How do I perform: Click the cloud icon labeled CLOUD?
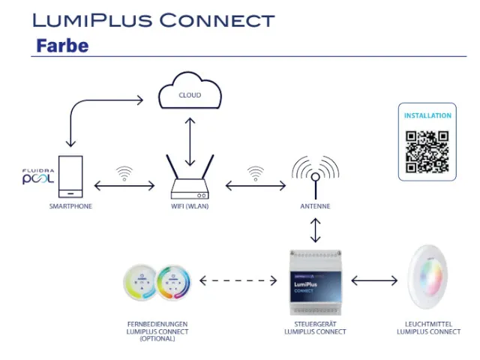click(190, 94)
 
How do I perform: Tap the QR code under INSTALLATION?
click(427, 152)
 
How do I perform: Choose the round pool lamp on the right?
click(429, 282)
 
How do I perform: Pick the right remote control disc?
click(173, 283)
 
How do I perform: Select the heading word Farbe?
click(62, 46)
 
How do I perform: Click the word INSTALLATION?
click(427, 116)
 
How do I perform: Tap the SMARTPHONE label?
click(70, 205)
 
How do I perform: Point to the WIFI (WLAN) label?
click(190, 205)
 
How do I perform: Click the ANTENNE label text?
click(314, 205)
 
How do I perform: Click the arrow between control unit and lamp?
click(374, 282)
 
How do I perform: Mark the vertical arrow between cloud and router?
click(190, 142)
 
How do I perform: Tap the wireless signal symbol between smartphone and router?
click(124, 174)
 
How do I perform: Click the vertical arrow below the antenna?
click(315, 229)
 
